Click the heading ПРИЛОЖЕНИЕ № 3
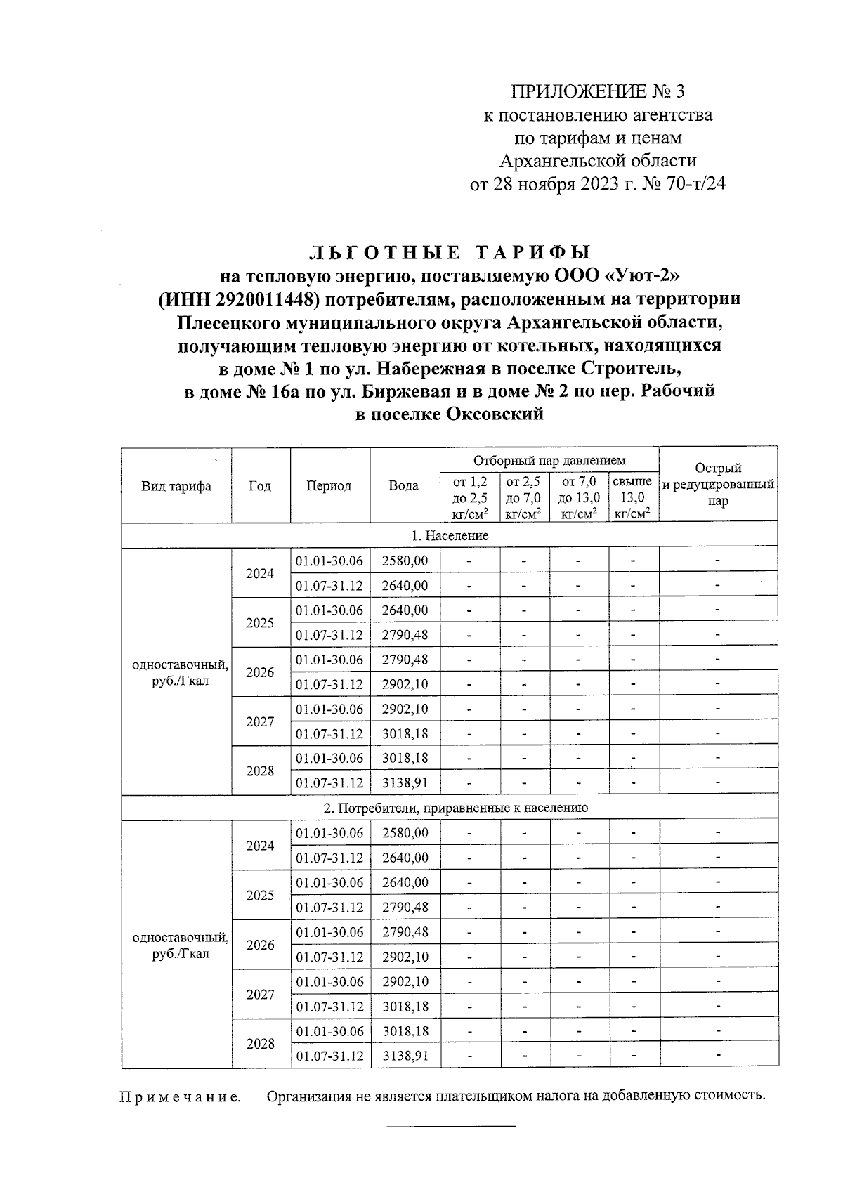pos(596,92)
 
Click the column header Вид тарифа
pos(176,486)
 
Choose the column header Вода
pos(403,486)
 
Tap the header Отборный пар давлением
pos(549,461)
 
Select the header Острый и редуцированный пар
pos(718,485)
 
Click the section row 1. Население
pos(450,535)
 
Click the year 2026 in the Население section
pos(260,672)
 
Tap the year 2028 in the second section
pos(260,1044)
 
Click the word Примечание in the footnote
pos(180,1097)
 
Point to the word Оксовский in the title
pos(495,414)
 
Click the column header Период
pos(329,486)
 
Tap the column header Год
pos(260,486)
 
